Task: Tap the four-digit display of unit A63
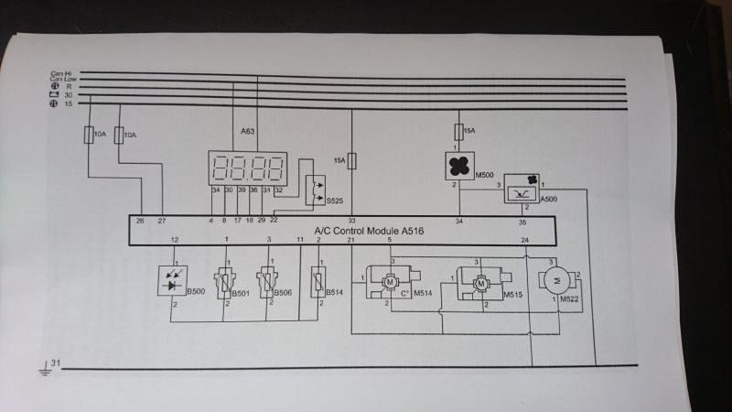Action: [248, 166]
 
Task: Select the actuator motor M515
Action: [479, 285]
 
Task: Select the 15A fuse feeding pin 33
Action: [352, 161]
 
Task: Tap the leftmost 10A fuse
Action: [88, 136]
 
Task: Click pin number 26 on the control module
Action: [140, 220]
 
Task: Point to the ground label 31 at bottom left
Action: [56, 364]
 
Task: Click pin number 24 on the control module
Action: [525, 240]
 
